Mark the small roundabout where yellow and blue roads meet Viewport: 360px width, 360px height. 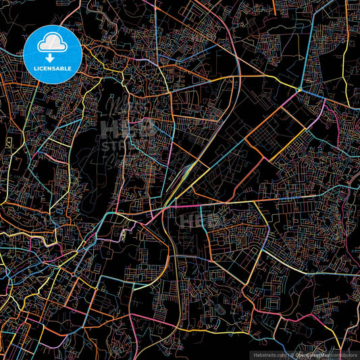[299, 89]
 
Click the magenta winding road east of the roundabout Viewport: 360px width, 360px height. [331, 122]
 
